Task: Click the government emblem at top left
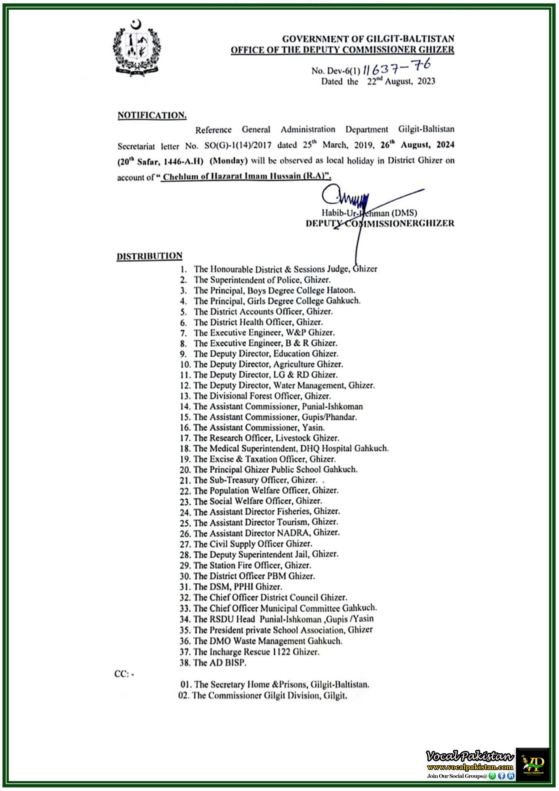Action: [x=137, y=48]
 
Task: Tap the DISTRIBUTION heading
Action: [x=149, y=256]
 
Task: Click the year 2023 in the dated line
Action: [x=427, y=81]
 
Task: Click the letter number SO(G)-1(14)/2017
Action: [x=238, y=146]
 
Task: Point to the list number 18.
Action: [x=185, y=449]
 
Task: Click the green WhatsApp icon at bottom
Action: [x=493, y=776]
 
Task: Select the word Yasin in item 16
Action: [x=313, y=428]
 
